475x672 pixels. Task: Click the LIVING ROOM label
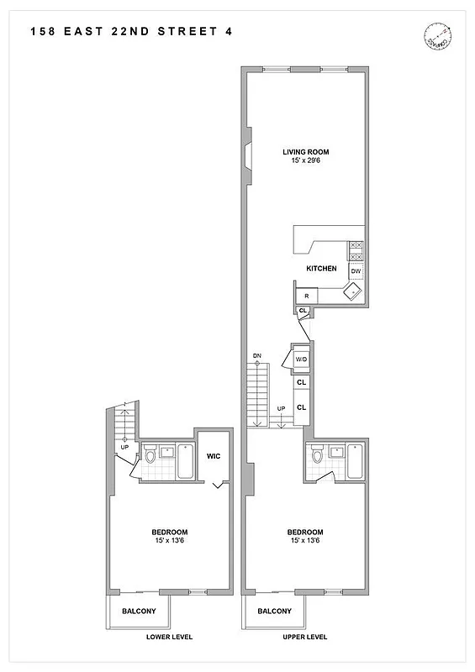pos(305,152)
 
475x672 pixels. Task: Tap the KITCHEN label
pos(321,269)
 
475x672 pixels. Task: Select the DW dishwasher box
pos(356,271)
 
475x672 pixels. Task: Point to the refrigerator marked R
pos(307,296)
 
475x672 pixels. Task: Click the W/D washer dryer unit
pos(300,360)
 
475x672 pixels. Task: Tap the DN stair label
pos(257,357)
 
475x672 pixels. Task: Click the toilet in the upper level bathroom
pos(318,458)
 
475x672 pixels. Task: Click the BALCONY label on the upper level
pos(275,612)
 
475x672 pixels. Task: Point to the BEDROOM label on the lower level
pos(169,532)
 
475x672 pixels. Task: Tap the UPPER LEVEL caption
pos(304,638)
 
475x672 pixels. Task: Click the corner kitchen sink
pos(352,292)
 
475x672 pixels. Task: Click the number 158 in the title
pos(43,31)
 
